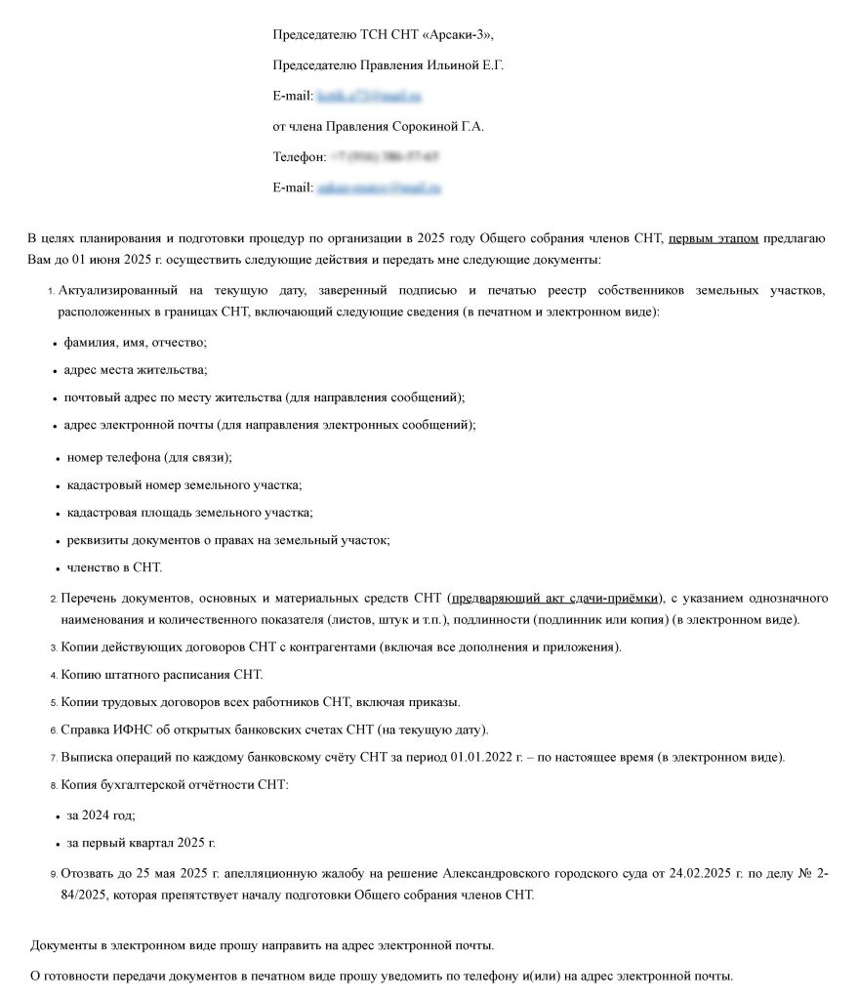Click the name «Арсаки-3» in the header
tap(458, 35)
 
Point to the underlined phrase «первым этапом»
tap(714, 238)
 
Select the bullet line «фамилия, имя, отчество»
tap(136, 343)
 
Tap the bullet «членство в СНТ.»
tap(114, 566)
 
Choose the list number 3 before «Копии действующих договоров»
tap(54, 647)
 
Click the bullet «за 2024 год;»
tap(102, 814)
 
